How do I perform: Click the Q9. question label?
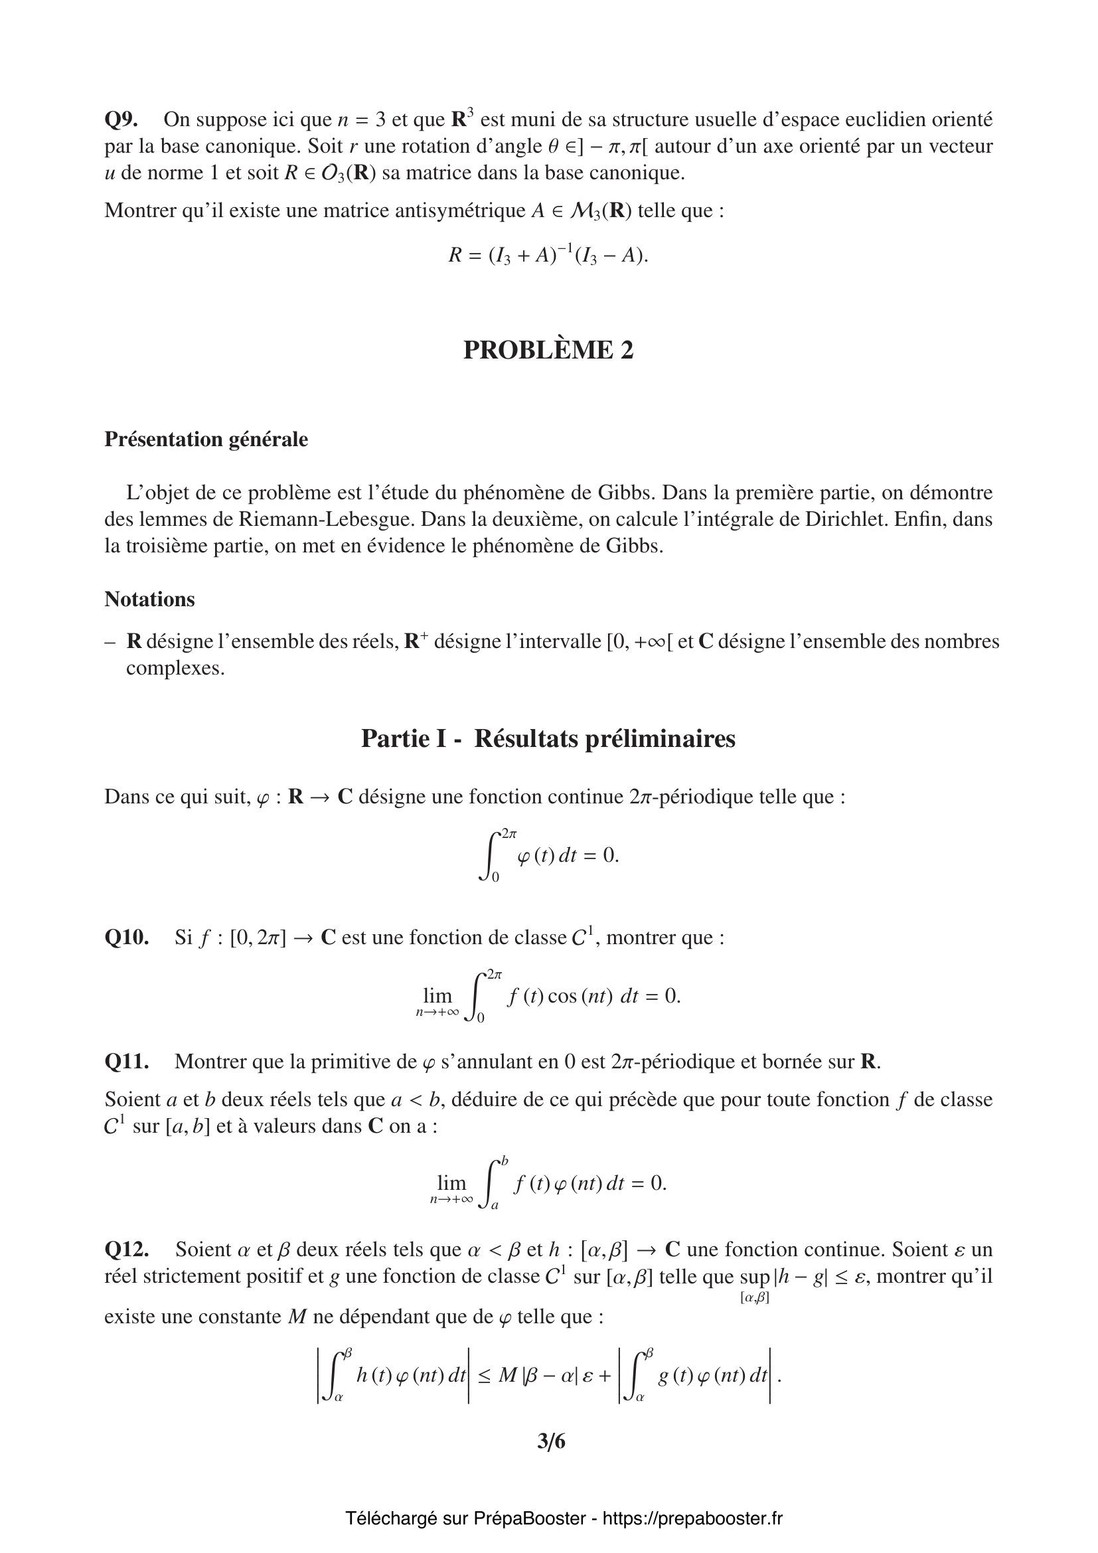pos(121,120)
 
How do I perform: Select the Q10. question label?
pos(126,938)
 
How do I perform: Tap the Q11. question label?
pos(126,1062)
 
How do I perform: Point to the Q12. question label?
pos(126,1249)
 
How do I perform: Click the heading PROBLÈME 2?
pos(548,350)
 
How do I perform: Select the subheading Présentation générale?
pos(206,440)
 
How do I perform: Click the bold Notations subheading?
pos(149,600)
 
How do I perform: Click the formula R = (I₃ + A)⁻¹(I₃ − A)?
pos(548,256)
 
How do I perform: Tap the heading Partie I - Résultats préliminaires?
pos(548,738)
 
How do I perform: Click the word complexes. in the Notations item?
pos(175,669)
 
